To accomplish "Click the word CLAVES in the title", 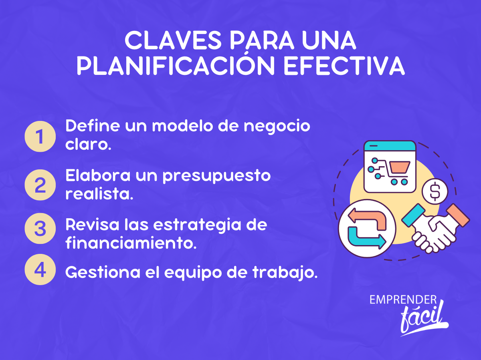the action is tap(173, 40).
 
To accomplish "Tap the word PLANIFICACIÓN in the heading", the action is tap(176, 65).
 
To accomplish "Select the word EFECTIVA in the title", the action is tap(344, 66).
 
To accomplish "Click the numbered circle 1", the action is tap(40, 136).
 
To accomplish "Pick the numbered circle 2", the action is tap(40, 185).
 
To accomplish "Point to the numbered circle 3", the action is tap(40, 229).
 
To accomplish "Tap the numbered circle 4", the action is tap(40, 269).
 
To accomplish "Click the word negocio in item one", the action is tap(277, 127).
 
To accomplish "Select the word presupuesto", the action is tap(216, 176).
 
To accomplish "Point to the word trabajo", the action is tap(285, 273).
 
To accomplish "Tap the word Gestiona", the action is tap(103, 272).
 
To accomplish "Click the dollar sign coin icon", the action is tap(435, 191).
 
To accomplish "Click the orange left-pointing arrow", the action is tap(368, 219).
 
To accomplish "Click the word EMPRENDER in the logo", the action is tap(403, 300).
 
